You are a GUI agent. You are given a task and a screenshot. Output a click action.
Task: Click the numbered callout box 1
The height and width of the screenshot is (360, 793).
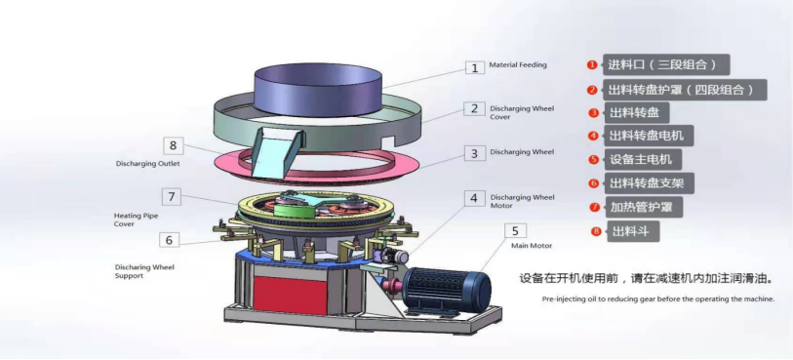click(474, 68)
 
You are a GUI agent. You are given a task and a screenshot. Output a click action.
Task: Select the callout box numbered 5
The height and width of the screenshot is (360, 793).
click(515, 231)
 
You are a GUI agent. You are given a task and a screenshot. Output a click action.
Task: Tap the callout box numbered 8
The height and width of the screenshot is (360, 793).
click(173, 146)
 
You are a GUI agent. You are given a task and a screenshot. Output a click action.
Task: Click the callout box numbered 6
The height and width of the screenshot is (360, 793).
click(168, 239)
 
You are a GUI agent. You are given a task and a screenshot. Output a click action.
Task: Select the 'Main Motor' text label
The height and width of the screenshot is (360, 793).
click(533, 246)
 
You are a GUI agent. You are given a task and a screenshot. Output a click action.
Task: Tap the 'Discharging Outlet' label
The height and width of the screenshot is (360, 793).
click(141, 164)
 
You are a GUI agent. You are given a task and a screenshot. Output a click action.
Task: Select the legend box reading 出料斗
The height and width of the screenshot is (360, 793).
click(631, 231)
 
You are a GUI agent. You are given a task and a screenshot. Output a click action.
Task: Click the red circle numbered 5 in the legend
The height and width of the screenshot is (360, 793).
click(593, 159)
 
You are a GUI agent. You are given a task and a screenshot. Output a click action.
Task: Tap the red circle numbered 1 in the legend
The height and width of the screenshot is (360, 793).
click(592, 65)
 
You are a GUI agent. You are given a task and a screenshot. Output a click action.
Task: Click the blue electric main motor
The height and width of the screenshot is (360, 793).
click(448, 285)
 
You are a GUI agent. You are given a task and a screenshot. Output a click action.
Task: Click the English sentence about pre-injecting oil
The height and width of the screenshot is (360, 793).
click(658, 299)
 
